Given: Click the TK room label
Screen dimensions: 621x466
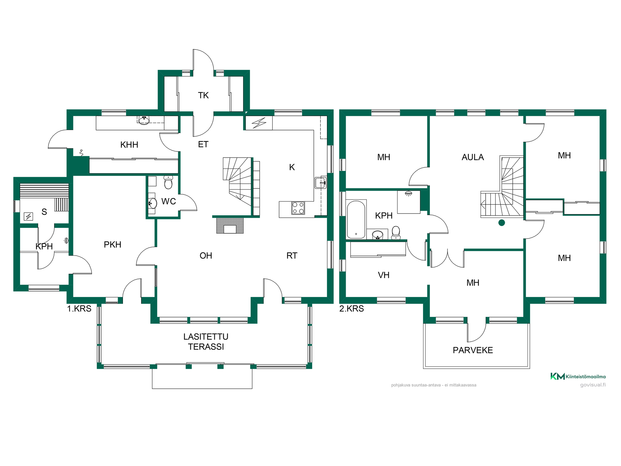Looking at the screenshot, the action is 203,95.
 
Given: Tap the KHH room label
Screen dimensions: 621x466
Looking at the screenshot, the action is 129,145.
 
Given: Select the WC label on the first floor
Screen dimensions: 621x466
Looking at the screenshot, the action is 169,201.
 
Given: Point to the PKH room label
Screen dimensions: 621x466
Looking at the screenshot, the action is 113,245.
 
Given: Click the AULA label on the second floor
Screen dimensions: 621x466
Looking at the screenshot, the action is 473,157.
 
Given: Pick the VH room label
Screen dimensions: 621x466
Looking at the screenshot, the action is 384,275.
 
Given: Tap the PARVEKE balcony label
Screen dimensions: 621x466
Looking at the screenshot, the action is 473,350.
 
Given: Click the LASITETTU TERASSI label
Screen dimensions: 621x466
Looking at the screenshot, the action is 206,342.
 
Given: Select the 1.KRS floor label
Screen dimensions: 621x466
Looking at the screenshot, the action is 79,309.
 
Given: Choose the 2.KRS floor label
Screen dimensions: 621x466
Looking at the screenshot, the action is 352,309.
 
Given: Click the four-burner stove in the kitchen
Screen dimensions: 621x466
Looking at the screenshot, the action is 298,208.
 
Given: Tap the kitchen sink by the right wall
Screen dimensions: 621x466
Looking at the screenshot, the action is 321,183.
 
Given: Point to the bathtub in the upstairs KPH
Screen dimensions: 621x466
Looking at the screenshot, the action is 356,219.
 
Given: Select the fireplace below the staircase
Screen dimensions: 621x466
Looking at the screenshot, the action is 230,225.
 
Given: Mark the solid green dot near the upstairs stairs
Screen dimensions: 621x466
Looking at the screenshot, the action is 502,223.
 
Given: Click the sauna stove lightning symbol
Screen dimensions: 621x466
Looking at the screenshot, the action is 28,216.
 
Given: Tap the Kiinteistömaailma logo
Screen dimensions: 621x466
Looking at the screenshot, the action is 578,376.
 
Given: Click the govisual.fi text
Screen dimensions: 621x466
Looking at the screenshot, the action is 593,385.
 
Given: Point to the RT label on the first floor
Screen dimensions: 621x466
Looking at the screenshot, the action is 292,256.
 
